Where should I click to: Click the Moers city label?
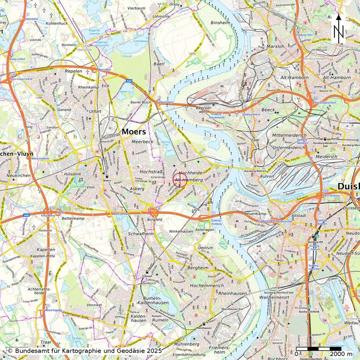click(x=134, y=132)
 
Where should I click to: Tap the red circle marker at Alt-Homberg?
click(x=180, y=180)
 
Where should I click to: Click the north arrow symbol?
click(x=339, y=29)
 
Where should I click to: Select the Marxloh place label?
click(x=276, y=47)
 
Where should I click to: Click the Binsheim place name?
click(x=220, y=23)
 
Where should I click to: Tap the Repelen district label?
click(x=74, y=72)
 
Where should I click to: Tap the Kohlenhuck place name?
click(x=57, y=23)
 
